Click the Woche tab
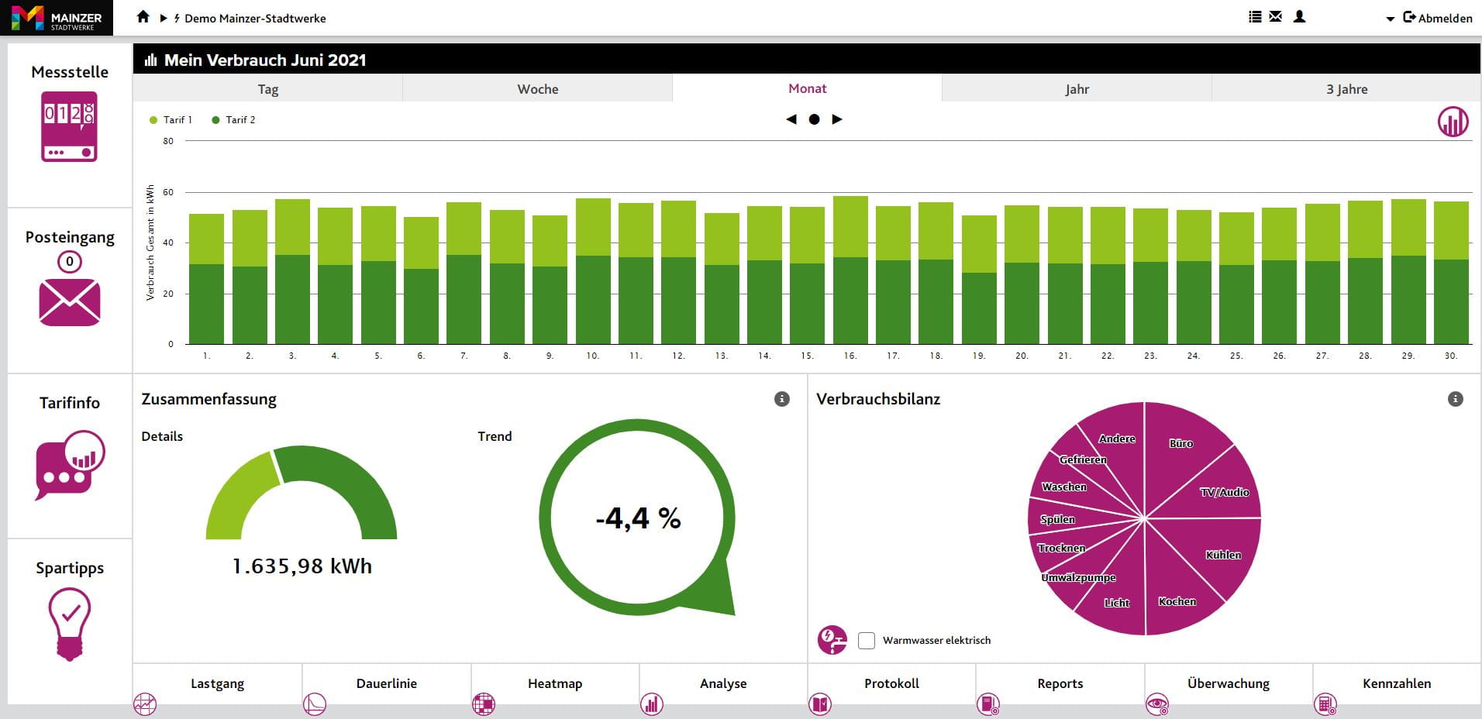[x=537, y=89]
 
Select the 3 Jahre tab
[x=1346, y=89]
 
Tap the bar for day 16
[x=850, y=271]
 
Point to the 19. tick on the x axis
[x=979, y=356]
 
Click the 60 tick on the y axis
[x=168, y=192]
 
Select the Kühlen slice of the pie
[x=1222, y=555]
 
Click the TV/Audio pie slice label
[x=1224, y=492]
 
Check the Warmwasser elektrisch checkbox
[x=867, y=641]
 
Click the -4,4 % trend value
[x=638, y=518]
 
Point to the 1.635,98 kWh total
[x=302, y=566]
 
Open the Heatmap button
[x=554, y=684]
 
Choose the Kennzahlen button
[x=1396, y=684]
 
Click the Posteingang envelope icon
[x=70, y=302]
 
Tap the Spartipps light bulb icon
[x=70, y=623]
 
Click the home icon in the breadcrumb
[x=143, y=17]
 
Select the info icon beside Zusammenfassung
[x=782, y=399]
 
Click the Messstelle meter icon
[x=69, y=126]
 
